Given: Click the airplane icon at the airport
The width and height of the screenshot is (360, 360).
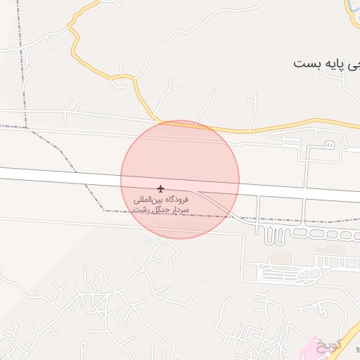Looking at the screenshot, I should click(x=160, y=188).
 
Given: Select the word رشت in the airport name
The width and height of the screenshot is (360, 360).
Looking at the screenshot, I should click(x=143, y=210).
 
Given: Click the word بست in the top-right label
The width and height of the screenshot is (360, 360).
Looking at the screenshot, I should click(x=307, y=63).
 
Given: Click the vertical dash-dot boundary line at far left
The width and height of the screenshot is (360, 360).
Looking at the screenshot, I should click(x=22, y=63).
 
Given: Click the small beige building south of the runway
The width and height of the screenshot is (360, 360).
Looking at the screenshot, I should click(x=281, y=257).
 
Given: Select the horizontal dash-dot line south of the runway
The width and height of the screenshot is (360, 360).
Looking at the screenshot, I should click(x=295, y=220).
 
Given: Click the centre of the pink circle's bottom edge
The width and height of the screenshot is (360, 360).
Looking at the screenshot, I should click(x=180, y=238).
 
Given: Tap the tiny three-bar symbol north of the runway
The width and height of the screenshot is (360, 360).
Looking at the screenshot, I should click(x=328, y=145).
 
